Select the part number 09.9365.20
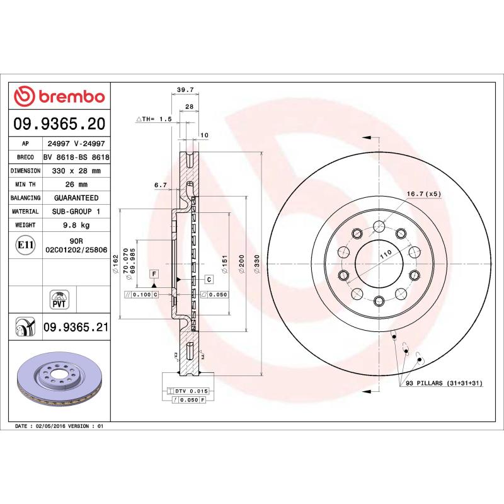[59, 123]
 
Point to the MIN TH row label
[25, 185]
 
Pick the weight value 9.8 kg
[76, 225]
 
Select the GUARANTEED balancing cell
[76, 198]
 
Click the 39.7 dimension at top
[184, 90]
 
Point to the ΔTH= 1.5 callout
[154, 118]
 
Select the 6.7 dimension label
[160, 185]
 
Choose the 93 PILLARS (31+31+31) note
[444, 383]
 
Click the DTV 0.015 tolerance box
[190, 391]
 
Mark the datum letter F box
[153, 273]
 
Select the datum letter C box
[208, 278]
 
